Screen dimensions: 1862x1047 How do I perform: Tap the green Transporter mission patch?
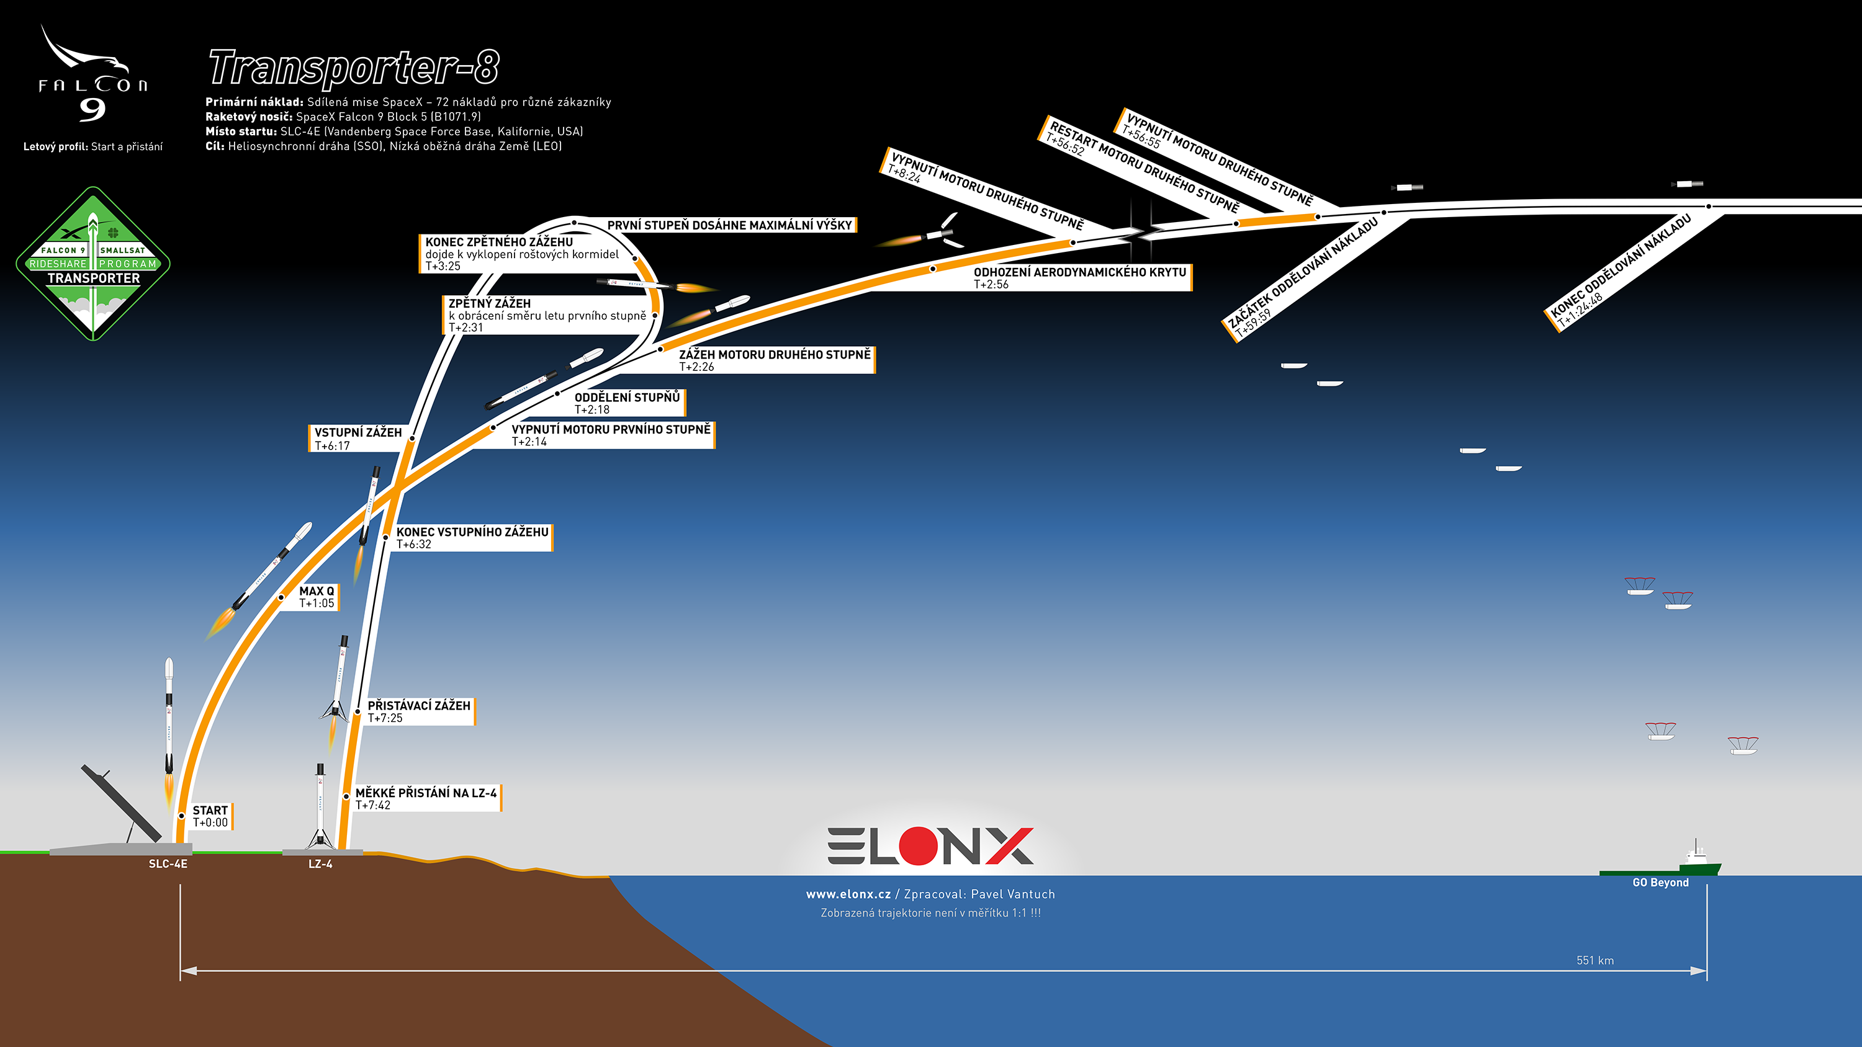pos(93,264)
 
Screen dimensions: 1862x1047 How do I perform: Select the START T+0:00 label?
pos(210,816)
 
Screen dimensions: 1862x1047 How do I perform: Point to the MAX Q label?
pos(317,597)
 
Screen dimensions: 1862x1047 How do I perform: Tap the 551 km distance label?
pos(1595,960)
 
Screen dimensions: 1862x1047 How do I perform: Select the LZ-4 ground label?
pos(320,864)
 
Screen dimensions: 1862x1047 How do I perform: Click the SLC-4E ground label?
pos(168,864)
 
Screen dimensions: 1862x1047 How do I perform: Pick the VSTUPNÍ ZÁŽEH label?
pos(358,439)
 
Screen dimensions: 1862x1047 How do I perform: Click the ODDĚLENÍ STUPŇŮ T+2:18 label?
pos(627,403)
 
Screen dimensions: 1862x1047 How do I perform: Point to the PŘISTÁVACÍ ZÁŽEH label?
pos(419,711)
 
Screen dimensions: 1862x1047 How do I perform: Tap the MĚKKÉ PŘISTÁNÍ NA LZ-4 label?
pos(426,798)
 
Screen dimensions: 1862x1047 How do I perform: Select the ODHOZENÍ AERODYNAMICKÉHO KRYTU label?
pos(1080,277)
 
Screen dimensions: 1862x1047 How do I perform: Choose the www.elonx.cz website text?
pos(848,894)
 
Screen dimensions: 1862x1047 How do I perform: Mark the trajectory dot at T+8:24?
pos(1073,243)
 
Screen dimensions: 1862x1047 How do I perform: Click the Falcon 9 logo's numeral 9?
pos(92,109)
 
